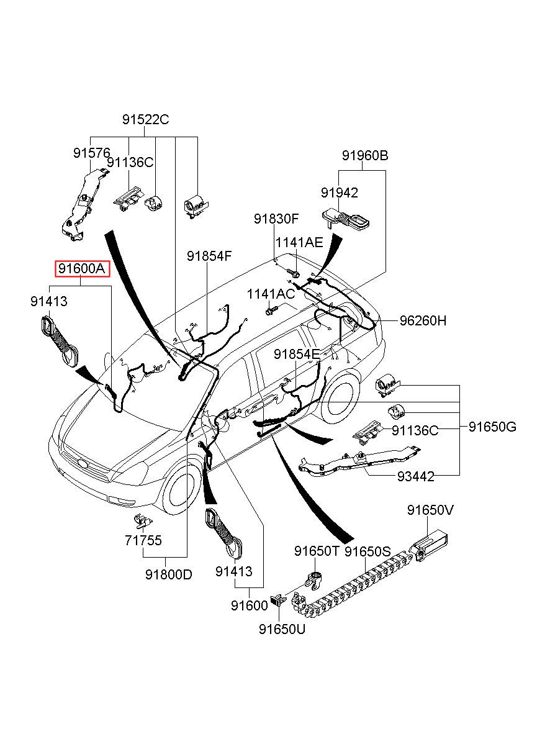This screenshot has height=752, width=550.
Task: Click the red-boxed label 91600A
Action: [82, 268]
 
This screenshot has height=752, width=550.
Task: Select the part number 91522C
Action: [145, 119]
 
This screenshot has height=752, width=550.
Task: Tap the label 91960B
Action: [365, 155]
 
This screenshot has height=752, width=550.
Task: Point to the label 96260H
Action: [423, 320]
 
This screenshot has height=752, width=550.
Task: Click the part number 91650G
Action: [492, 427]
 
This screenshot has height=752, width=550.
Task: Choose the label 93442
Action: [415, 476]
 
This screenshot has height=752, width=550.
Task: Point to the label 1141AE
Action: [299, 242]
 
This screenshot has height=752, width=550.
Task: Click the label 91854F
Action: [209, 256]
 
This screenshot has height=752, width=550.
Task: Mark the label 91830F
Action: [276, 219]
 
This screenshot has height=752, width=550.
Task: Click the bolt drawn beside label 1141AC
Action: [271, 310]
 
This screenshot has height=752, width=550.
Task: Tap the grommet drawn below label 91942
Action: [346, 220]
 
